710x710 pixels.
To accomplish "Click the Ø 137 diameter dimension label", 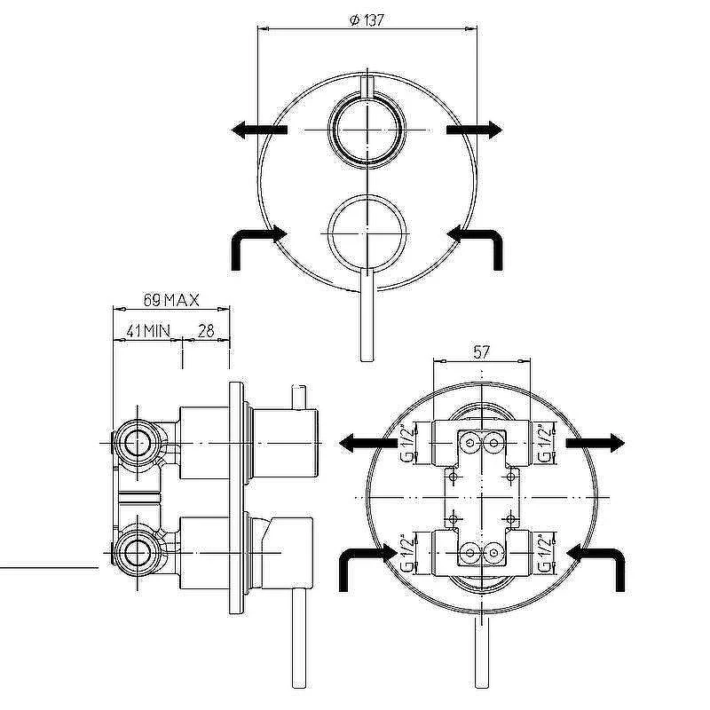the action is [x=367, y=20].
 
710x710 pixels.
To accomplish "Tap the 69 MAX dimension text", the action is [x=171, y=300].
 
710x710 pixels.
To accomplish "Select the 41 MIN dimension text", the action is [x=148, y=331].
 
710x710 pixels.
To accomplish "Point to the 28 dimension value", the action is [x=206, y=331].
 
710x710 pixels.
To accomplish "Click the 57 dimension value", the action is [x=481, y=351].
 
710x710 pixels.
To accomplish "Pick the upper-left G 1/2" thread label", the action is [x=408, y=442].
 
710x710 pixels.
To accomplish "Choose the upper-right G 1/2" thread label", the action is [x=546, y=442].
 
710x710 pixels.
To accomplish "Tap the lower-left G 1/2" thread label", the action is [x=408, y=553].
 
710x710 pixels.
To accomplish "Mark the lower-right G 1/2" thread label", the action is [x=546, y=553].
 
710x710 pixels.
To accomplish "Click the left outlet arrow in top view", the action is [x=259, y=130].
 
